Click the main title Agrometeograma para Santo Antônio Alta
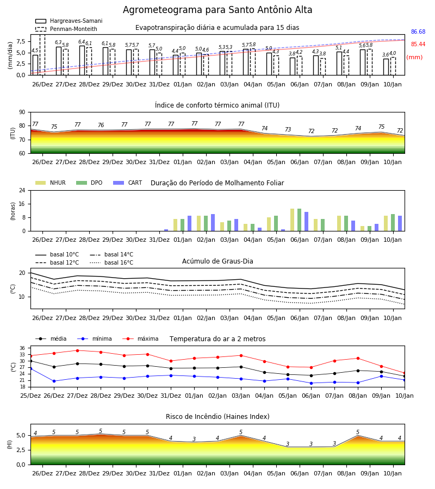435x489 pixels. point(217,10)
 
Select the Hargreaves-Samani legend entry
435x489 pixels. point(69,21)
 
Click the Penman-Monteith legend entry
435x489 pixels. point(66,29)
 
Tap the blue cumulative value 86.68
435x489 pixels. point(418,32)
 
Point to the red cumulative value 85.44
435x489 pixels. point(418,45)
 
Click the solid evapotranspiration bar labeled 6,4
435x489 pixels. point(82,60)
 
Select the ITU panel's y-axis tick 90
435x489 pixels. point(22,112)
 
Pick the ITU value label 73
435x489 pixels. point(288,129)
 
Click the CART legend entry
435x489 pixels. point(128,183)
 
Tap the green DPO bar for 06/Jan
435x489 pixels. point(299,220)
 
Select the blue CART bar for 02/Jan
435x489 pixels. point(213,223)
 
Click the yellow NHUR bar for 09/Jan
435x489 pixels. point(362,229)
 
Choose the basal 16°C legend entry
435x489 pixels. point(111,262)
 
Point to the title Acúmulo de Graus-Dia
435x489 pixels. point(217,261)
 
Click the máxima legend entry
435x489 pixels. point(140,338)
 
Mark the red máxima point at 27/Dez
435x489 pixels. point(77,350)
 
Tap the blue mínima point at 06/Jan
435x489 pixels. point(311,383)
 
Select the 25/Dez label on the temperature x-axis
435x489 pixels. point(30,396)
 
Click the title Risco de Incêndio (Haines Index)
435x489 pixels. point(217,417)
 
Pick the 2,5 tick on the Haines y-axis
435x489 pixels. point(21,450)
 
